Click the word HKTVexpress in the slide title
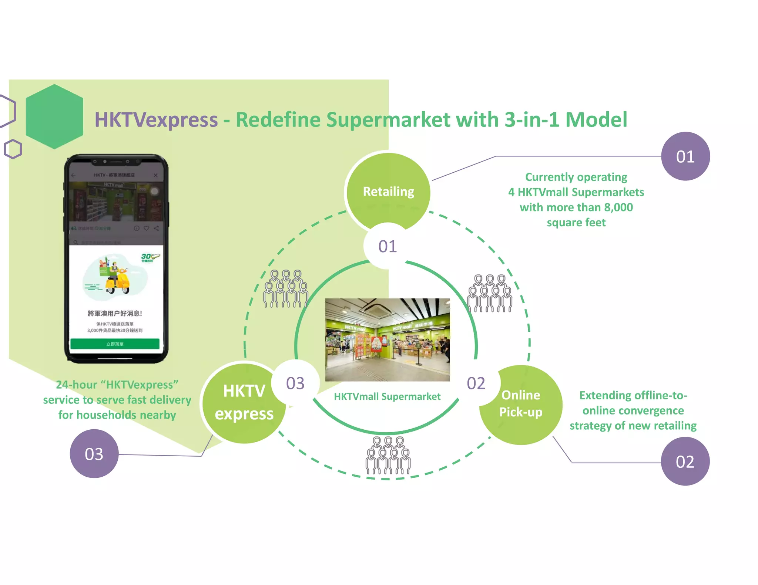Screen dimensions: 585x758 (156, 120)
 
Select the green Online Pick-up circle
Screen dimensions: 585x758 (521, 404)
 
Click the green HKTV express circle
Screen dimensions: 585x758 (244, 402)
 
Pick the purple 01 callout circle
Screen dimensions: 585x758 (685, 156)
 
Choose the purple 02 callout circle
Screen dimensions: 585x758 (685, 461)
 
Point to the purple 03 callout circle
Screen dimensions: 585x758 (94, 454)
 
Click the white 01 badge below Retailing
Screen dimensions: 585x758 (388, 246)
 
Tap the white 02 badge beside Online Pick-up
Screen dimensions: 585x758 (476, 383)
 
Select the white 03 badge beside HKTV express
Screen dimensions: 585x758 (295, 383)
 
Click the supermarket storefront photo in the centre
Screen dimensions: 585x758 (388, 339)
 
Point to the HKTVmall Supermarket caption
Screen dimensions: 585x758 (387, 396)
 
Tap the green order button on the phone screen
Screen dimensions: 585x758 (115, 344)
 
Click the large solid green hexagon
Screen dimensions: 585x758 (54, 116)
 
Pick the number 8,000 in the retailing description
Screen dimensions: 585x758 (618, 207)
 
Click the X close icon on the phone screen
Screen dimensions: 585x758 (156, 175)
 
